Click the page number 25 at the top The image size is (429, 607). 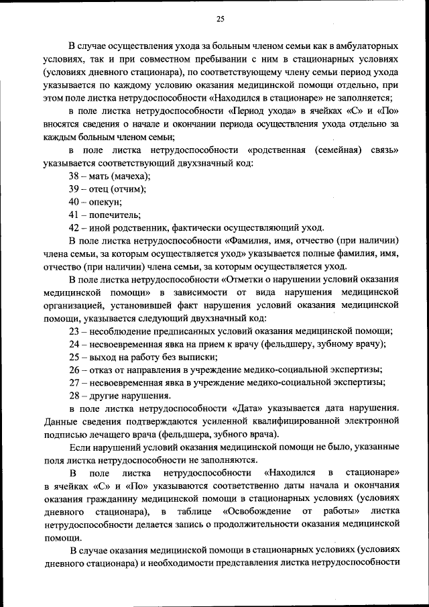point(220,18)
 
